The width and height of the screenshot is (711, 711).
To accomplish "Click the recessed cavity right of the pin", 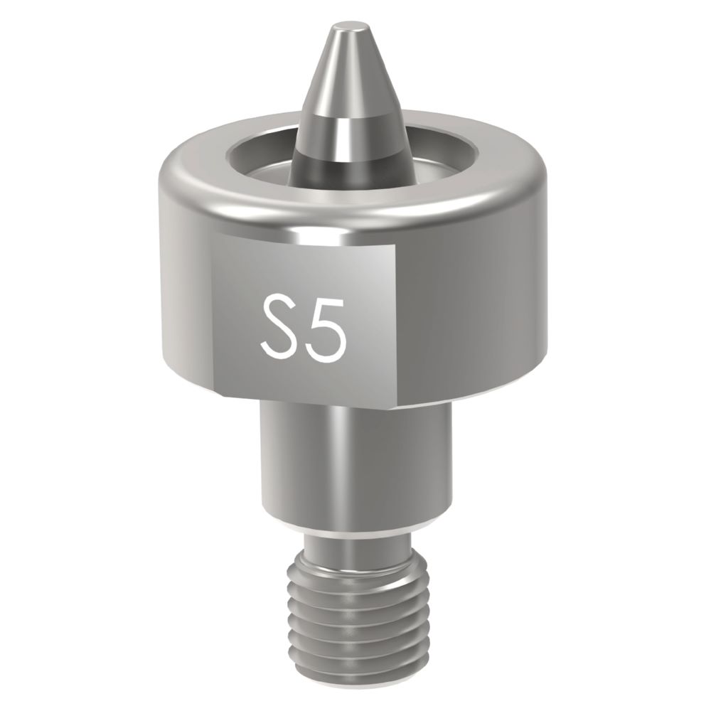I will click(x=419, y=160).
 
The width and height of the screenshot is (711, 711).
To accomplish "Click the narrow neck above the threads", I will click(x=355, y=547).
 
